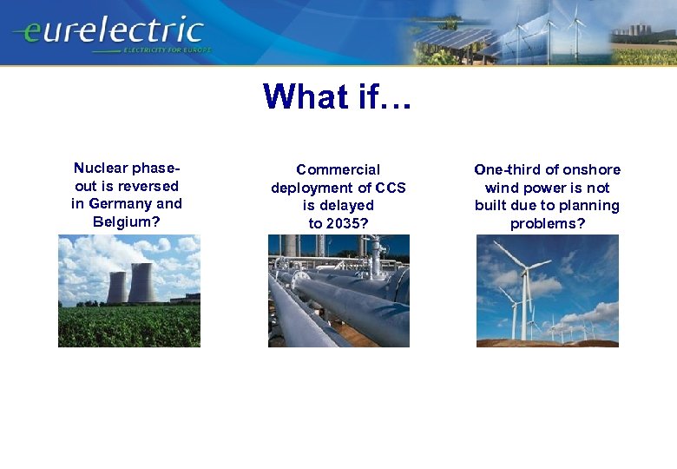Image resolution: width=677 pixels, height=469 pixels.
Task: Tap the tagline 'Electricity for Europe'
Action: pos(167,51)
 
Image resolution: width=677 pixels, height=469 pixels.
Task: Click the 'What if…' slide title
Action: pos(338,96)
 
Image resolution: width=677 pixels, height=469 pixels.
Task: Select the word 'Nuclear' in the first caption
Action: pos(101,168)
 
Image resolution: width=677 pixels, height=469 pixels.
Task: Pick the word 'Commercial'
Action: pos(338,170)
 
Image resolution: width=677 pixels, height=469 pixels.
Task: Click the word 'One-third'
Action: pos(507,169)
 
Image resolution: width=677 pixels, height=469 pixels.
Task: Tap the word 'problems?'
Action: pos(547,224)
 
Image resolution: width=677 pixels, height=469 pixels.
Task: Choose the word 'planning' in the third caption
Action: pos(590,206)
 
